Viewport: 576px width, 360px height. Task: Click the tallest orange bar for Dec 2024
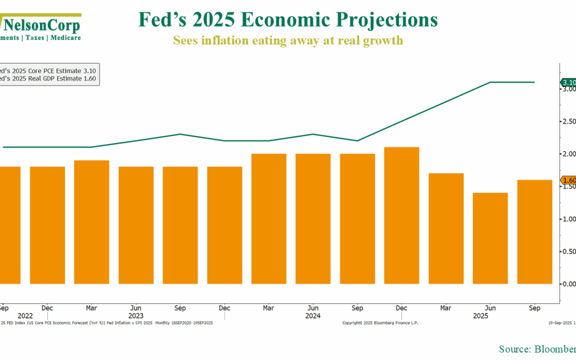point(401,215)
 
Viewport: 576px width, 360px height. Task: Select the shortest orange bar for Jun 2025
point(490,238)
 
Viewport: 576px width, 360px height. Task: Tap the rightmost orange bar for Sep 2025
point(534,231)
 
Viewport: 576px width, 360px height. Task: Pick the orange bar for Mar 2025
point(446,228)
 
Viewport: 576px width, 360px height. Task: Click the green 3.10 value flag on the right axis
point(568,83)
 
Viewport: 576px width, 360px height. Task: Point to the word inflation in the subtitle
point(226,40)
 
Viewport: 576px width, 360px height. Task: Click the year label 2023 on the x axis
point(135,316)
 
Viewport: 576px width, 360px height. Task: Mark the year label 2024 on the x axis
point(313,316)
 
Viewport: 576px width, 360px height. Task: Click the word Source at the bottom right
point(514,349)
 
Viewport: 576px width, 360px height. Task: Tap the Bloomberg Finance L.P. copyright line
point(380,323)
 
